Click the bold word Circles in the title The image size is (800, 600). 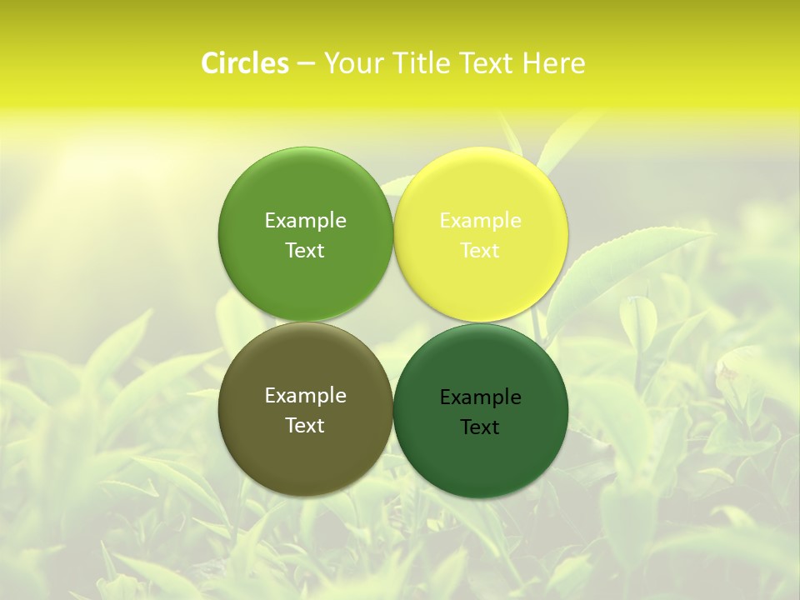tap(245, 63)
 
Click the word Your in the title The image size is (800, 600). tap(350, 63)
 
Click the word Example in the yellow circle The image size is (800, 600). tap(481, 221)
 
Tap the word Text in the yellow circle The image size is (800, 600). tap(481, 251)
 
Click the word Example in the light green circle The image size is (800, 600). tap(305, 221)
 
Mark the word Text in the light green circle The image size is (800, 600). tap(305, 251)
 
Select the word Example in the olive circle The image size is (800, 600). tap(305, 396)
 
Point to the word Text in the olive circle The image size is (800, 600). tap(305, 426)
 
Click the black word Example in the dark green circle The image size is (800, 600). tap(481, 397)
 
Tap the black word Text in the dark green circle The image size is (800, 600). tap(481, 427)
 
